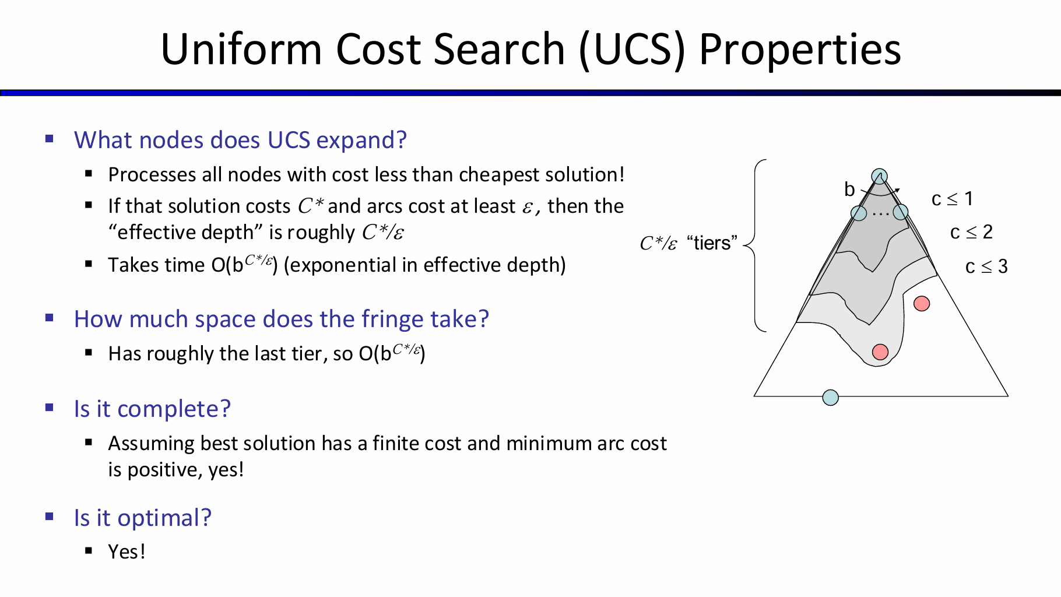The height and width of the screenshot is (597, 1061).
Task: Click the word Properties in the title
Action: (x=800, y=50)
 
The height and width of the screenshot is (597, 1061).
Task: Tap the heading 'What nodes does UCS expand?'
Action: (x=240, y=141)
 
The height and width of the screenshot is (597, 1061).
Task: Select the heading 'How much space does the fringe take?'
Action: (x=281, y=319)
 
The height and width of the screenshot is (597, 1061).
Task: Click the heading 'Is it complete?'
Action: (x=152, y=409)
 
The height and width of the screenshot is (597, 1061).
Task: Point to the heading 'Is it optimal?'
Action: (x=142, y=518)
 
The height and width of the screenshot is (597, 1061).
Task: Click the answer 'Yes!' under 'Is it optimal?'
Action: (x=127, y=552)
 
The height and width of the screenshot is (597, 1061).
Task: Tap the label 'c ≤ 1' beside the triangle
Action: (x=952, y=199)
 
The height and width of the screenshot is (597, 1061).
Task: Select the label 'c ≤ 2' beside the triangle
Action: (x=971, y=232)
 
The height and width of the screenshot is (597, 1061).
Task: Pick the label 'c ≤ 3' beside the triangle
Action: (x=986, y=266)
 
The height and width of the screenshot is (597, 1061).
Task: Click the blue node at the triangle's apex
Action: (x=879, y=176)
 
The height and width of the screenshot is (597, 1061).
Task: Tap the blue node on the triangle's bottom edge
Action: (x=830, y=398)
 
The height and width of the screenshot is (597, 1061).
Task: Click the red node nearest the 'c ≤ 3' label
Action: (x=922, y=303)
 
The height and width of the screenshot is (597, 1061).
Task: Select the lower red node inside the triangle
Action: (x=880, y=352)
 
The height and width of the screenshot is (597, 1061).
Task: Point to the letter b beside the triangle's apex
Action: (x=849, y=189)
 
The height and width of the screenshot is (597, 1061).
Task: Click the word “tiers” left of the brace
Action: (x=712, y=243)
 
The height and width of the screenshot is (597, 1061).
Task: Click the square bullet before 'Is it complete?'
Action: (x=50, y=408)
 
